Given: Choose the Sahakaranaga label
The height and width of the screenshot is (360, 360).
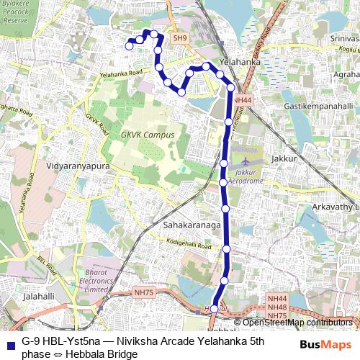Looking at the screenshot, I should (191, 225).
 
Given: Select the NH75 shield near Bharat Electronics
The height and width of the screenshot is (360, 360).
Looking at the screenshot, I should (144, 292).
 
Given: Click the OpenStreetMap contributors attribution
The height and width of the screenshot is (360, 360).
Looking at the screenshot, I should (297, 322).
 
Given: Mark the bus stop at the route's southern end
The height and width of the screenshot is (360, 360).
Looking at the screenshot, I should (214, 309).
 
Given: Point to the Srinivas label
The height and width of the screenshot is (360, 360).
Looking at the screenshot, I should (344, 38).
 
